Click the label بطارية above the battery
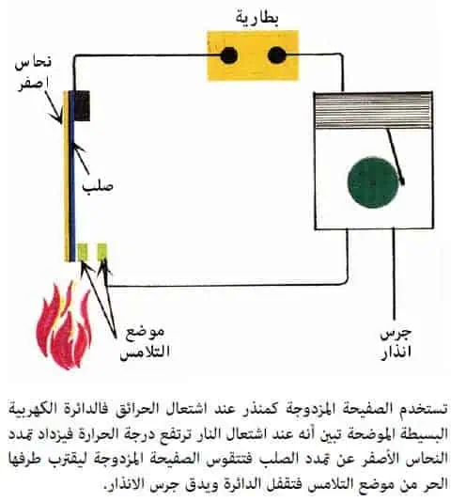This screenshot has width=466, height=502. coord(257,18)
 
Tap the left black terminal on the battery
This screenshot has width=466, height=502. coord(229,55)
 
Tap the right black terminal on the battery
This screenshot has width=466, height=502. coord(276,55)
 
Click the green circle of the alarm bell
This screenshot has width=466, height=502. coord(373,182)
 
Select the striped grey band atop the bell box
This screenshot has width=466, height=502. coord(373,110)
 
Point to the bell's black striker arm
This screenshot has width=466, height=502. coord(396,157)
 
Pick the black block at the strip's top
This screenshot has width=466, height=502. coord(83,106)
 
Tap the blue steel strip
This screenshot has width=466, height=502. coord(72,176)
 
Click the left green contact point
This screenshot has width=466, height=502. coord(83,252)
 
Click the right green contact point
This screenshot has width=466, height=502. coord(101,252)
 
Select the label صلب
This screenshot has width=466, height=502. coord(98,186)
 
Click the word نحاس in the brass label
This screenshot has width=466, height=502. coord(33,62)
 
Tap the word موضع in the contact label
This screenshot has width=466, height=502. coord(145,333)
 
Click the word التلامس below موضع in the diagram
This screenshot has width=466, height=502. coord(145,353)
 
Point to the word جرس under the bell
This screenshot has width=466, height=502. coord(396,335)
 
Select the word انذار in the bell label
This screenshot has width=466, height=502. coord(396,353)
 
